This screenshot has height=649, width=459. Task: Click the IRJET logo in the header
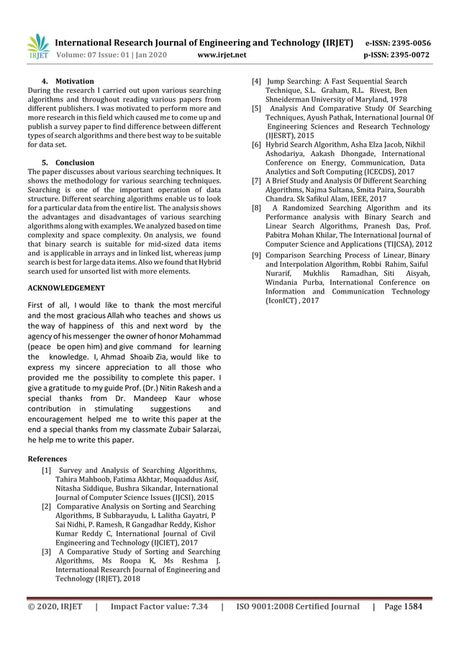[37, 47]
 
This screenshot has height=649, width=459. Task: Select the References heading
[47, 458]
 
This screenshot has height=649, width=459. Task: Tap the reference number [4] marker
[255, 81]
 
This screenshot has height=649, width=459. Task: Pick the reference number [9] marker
[255, 255]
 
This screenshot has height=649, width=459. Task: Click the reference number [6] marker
[255, 145]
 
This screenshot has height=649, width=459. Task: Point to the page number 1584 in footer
[412, 607]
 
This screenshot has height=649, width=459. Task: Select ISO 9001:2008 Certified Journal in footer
[298, 607]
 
